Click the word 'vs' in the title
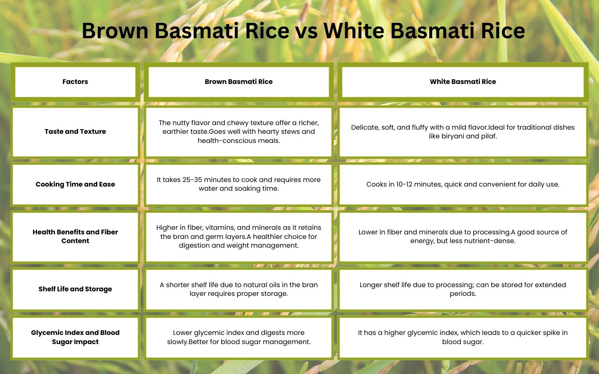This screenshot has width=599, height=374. click(307, 31)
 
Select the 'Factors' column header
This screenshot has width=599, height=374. click(75, 82)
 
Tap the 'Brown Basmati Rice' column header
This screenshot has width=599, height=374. click(238, 82)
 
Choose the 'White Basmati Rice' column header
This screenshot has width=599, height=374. click(463, 82)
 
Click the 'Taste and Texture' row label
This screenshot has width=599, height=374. click(75, 131)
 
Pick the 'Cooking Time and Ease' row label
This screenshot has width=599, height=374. click(75, 185)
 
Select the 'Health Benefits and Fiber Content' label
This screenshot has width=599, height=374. click(75, 236)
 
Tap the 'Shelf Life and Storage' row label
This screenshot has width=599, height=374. click(75, 289)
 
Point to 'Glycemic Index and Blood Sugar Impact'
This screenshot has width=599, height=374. click(75, 337)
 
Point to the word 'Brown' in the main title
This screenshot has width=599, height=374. click(115, 31)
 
